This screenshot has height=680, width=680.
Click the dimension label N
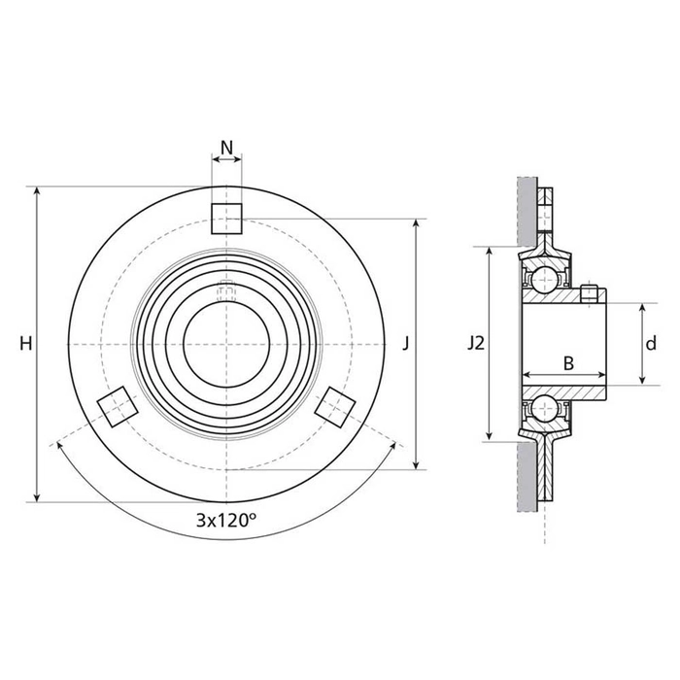(x=226, y=149)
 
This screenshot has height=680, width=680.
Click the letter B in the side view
(x=569, y=362)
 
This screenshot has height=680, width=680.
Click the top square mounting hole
(x=226, y=220)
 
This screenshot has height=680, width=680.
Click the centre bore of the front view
(x=226, y=345)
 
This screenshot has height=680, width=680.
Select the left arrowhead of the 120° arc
(x=61, y=446)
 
